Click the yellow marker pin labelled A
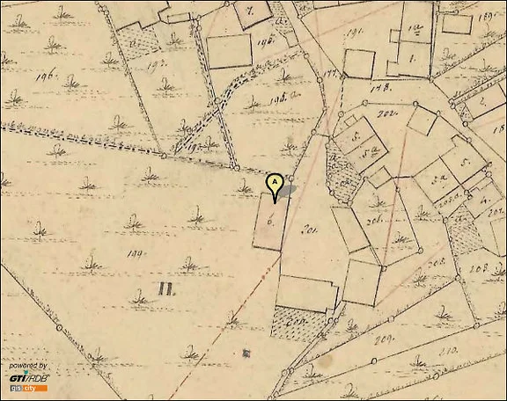coord(275,186)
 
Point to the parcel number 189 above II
coord(135,256)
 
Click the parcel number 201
coord(309,231)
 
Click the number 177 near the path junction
coord(332,75)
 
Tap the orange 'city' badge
coord(30,388)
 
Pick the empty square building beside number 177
coord(358,63)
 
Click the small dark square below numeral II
coord(246,352)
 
